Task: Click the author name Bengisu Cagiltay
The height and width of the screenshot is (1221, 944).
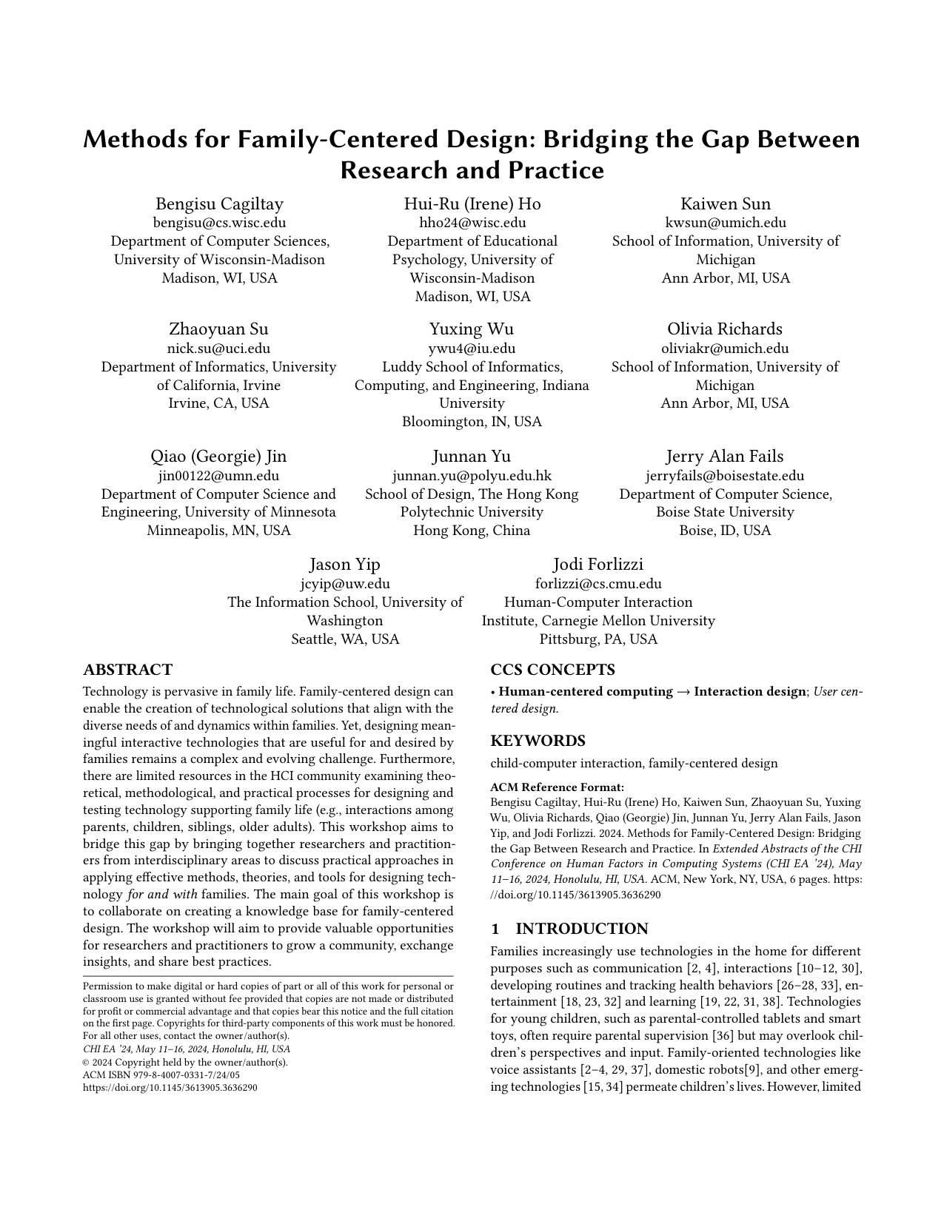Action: tap(219, 204)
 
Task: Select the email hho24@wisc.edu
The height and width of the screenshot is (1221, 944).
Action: tap(472, 223)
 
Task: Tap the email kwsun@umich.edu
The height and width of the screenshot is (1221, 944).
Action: tap(725, 223)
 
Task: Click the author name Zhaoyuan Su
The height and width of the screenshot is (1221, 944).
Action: tap(218, 329)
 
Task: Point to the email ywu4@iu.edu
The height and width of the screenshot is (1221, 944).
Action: tap(472, 349)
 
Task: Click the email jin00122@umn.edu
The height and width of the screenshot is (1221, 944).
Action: tap(218, 476)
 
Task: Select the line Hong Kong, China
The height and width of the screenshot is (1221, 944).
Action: tap(472, 531)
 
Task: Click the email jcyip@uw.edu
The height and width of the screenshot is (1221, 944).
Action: tap(345, 584)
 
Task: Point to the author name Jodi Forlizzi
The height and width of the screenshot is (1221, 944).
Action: tap(598, 565)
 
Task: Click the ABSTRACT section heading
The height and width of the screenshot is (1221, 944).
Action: tap(128, 670)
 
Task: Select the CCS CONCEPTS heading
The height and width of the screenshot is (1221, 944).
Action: tap(552, 670)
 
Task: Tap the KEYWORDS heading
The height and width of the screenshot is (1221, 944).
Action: tap(538, 741)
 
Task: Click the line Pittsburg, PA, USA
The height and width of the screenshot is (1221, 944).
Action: tap(598, 639)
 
